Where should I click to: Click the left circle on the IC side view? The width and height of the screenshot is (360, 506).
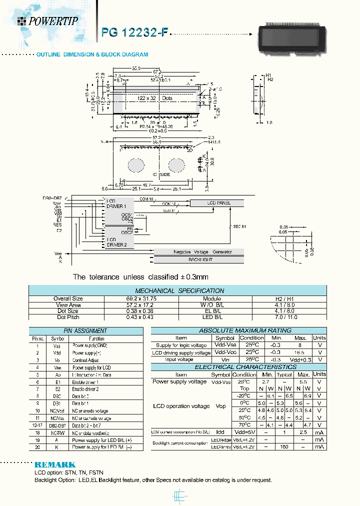tap(136, 165)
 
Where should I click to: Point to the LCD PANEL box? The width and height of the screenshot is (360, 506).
tap(218, 203)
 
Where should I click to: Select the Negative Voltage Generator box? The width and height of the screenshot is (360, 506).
tap(199, 251)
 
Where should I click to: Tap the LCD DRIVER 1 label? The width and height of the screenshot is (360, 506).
tap(116, 203)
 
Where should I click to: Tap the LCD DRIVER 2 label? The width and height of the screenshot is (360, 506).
tap(116, 242)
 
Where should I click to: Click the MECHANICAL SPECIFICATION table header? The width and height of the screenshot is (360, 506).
tap(179, 290)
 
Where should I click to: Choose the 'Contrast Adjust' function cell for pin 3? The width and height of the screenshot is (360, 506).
tap(86, 360)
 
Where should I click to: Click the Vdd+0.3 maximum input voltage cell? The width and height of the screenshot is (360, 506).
tap(300, 359)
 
